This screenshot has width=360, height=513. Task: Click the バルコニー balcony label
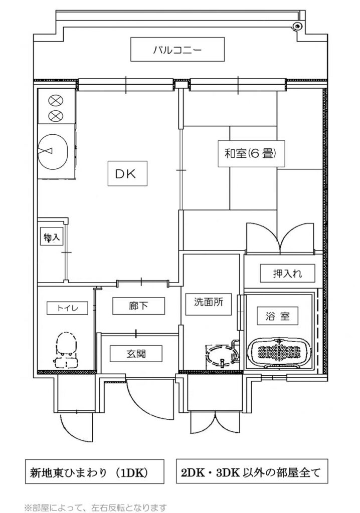point(177,50)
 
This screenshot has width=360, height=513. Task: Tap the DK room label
point(125,174)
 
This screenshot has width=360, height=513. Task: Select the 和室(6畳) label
point(250,153)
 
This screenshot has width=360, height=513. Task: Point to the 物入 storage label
point(52,237)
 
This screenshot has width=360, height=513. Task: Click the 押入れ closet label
point(287,273)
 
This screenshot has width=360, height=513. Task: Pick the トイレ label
point(67,308)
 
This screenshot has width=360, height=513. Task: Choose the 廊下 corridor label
point(138,306)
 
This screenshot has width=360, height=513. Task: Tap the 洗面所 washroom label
point(209,302)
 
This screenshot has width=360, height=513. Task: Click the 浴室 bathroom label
point(277,316)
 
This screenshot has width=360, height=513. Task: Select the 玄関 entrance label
point(136,353)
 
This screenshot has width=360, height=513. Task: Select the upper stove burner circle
point(54,100)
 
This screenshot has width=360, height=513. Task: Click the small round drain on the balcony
point(297,26)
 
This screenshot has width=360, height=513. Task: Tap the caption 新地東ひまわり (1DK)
point(89,472)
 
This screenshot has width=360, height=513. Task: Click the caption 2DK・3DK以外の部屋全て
point(251,472)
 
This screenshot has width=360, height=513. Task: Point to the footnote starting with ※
point(95,507)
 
